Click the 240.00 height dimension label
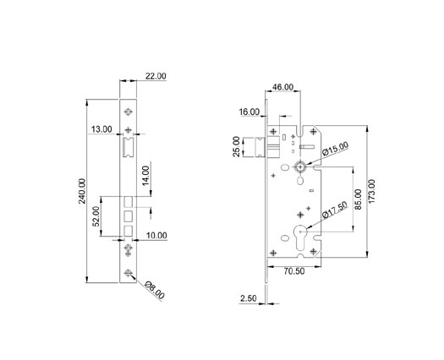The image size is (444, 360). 82,191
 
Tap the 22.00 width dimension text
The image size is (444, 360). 156,76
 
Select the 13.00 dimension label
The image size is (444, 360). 101,129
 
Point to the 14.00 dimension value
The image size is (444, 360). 145,176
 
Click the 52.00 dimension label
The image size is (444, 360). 96,216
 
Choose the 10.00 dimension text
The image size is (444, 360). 156,236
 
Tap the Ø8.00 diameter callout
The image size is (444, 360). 154,290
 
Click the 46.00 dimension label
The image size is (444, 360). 282,87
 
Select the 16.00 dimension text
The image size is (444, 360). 249,112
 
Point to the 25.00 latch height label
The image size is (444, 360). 236,146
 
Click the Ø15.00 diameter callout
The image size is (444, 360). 335,149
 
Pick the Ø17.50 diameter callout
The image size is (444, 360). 335,210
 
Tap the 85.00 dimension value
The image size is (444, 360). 359,199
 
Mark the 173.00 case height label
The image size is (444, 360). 372,191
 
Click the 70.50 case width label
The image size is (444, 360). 294,271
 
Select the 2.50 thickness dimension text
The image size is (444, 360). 249,298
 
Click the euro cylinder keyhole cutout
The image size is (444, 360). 300,237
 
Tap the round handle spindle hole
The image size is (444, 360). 300,166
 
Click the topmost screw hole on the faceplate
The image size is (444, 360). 129,112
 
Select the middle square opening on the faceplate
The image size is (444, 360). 129,216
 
